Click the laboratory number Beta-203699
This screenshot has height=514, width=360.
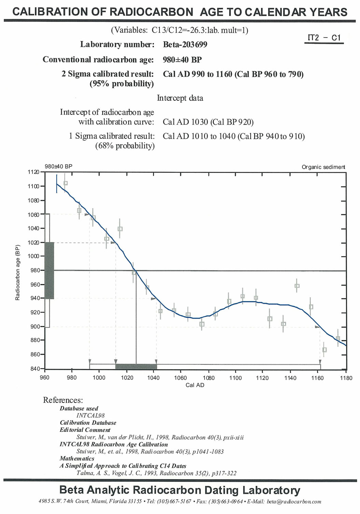(x=185, y=44)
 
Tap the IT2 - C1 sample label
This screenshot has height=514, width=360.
(x=324, y=38)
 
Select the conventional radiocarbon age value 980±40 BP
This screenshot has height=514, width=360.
(x=182, y=59)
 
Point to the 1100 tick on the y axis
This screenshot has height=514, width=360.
(x=33, y=186)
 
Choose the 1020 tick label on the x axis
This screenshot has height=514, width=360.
(x=127, y=378)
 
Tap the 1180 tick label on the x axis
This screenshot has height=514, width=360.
(x=346, y=378)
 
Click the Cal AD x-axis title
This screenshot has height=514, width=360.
(x=195, y=385)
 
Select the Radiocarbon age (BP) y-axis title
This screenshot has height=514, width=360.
(x=17, y=272)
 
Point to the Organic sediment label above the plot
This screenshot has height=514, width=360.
(x=323, y=167)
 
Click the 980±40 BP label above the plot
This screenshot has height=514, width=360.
(x=58, y=166)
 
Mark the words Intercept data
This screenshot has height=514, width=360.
(x=180, y=98)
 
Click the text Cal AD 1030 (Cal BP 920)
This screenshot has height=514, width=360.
(x=208, y=122)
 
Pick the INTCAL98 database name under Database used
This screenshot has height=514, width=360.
(x=91, y=416)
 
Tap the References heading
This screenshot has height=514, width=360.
(x=63, y=400)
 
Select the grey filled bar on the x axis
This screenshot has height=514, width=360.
(x=136, y=367)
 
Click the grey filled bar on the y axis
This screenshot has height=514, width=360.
(x=49, y=270)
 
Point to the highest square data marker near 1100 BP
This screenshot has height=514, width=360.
(x=66, y=183)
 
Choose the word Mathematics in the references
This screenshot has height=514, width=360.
(x=77, y=459)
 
